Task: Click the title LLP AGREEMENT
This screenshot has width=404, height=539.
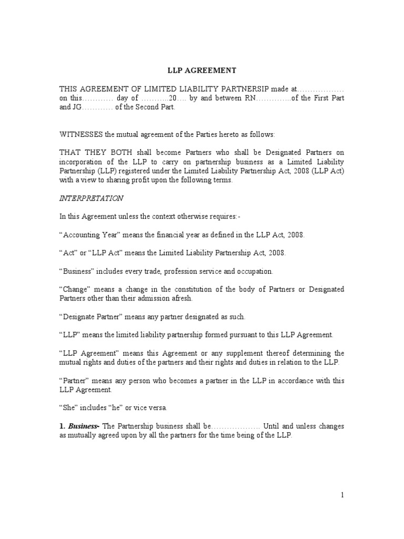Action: click(201, 71)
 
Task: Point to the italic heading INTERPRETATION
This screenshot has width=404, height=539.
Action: click(92, 198)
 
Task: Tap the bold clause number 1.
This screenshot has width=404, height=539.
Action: click(61, 426)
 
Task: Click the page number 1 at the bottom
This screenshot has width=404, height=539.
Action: click(342, 495)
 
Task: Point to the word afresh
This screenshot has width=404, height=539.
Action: click(179, 298)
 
